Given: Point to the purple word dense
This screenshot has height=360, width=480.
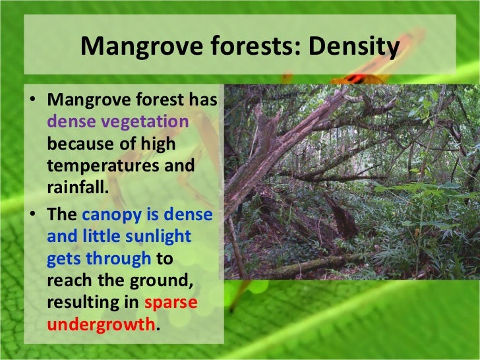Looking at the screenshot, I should (71, 122).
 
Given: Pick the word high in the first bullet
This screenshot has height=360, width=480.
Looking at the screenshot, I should (169, 143).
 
